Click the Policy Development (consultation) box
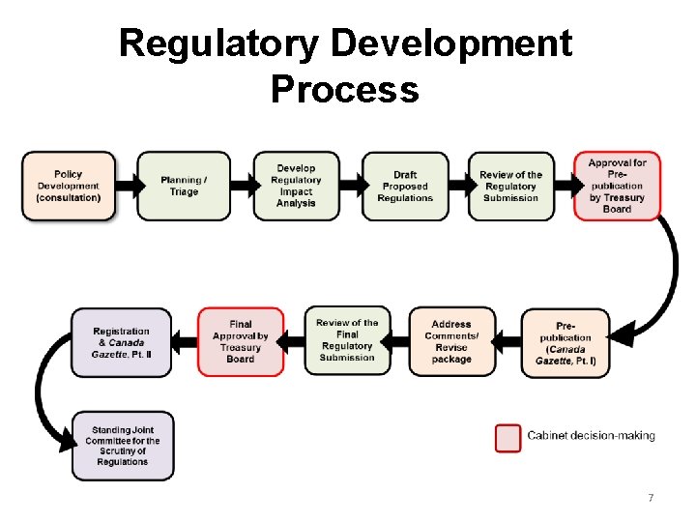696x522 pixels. (68, 186)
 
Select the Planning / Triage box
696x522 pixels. (184, 186)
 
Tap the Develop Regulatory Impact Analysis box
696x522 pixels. (296, 186)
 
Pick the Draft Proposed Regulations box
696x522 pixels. (405, 186)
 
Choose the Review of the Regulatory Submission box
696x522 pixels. (511, 186)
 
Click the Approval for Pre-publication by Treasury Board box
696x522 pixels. (617, 186)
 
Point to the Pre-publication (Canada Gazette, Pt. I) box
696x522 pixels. (566, 343)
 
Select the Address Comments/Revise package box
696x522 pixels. (451, 342)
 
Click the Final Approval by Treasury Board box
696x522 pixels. (241, 342)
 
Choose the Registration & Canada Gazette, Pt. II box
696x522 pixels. (122, 343)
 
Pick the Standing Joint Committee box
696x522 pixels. (122, 446)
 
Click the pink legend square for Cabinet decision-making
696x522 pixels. (508, 437)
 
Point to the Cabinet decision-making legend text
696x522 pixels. (591, 436)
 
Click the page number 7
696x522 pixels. (651, 498)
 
